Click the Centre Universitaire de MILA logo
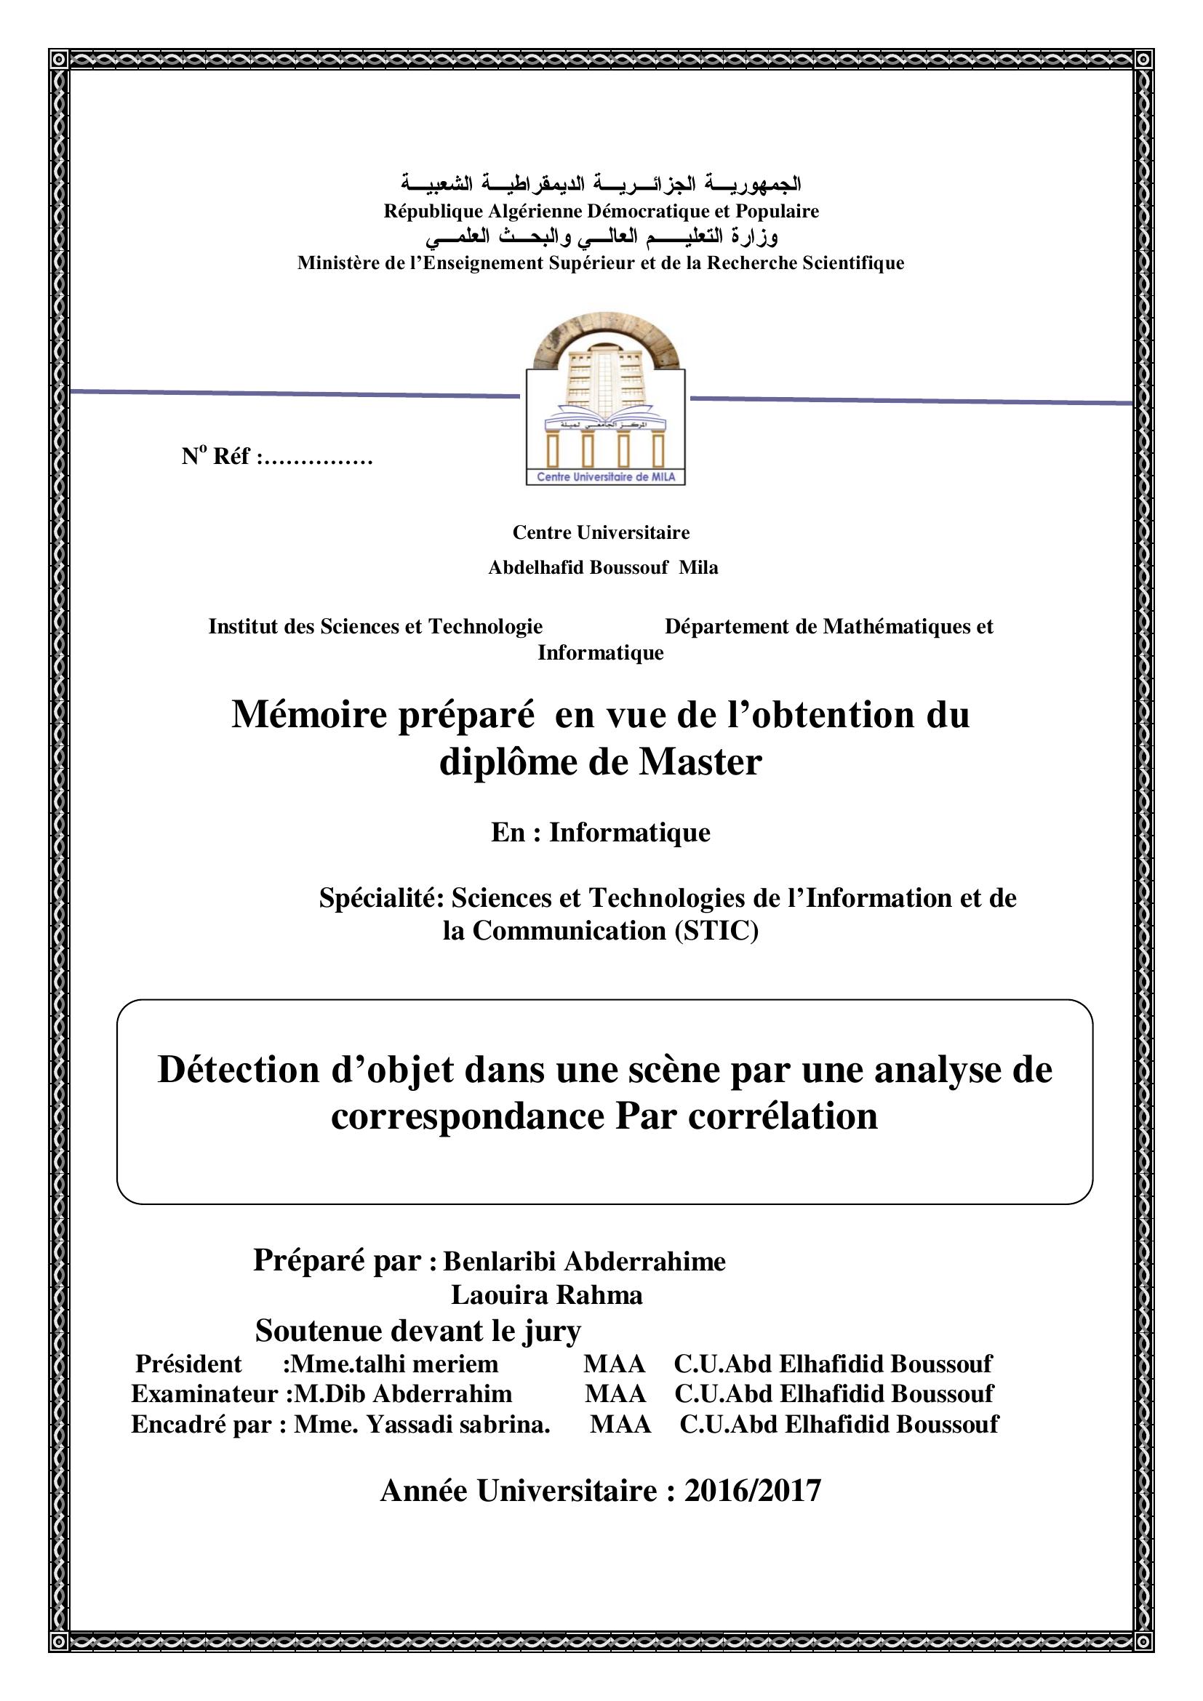tap(605, 400)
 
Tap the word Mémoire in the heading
tap(309, 715)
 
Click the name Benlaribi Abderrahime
tap(585, 1261)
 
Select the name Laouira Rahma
tap(547, 1295)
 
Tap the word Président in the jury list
tap(188, 1364)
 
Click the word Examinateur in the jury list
tap(204, 1393)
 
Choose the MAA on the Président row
tap(614, 1364)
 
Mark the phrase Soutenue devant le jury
tap(417, 1331)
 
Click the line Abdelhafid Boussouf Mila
tap(602, 567)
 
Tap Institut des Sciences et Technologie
tap(375, 627)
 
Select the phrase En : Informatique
tap(600, 833)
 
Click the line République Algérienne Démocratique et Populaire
tap(601, 211)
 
